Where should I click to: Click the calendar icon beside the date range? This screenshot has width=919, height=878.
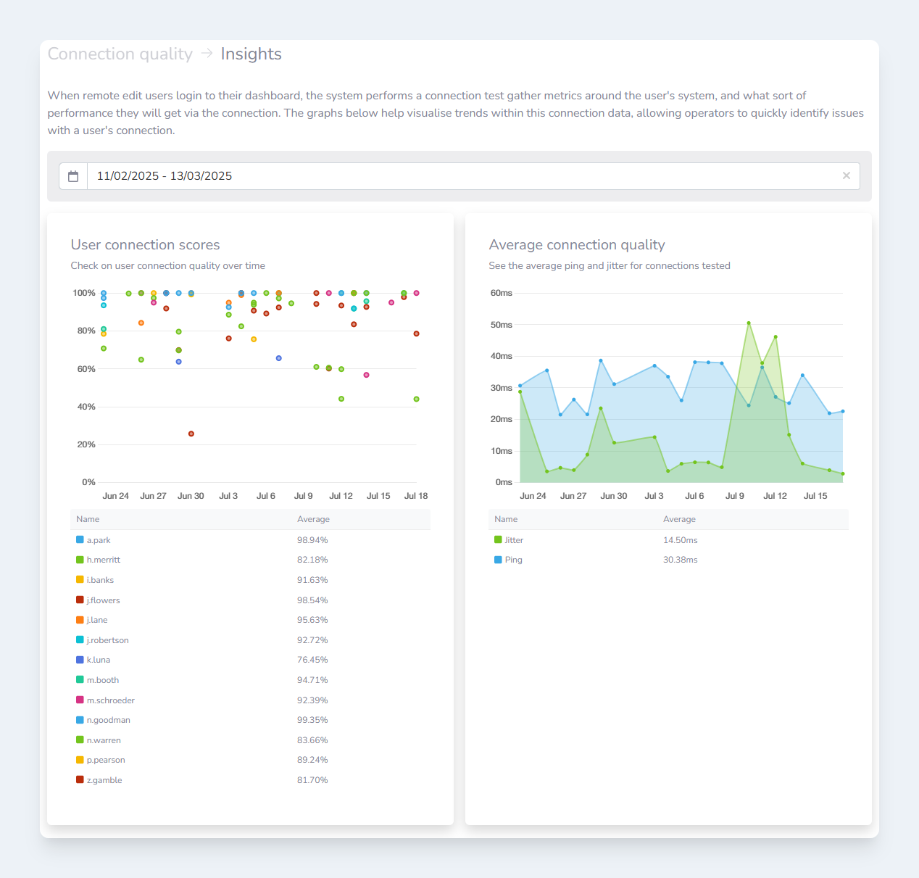pos(73,176)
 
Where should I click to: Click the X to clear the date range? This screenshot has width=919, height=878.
pos(846,175)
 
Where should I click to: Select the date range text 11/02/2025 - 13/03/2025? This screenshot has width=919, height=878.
pos(165,176)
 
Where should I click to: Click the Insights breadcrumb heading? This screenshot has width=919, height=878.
pos(251,54)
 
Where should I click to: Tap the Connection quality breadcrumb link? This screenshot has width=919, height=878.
pos(120,54)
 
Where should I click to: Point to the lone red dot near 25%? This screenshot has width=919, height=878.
pos(191,434)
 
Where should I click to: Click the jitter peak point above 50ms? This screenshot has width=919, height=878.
pos(749,323)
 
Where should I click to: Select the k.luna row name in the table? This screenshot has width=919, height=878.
pos(99,660)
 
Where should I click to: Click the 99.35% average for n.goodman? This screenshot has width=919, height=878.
pos(312,720)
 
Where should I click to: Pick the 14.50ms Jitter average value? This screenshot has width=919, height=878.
pos(680,540)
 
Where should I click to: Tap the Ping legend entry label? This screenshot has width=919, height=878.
pos(513,560)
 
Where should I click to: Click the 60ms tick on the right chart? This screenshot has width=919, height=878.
pos(502,293)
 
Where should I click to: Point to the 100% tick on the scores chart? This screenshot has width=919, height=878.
pos(84,293)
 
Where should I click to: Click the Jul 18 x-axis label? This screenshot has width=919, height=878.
pos(416,496)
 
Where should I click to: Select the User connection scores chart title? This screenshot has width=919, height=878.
pos(145,245)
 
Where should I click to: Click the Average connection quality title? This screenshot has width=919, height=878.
pos(577,245)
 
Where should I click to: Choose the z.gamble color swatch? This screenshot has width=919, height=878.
pos(80,779)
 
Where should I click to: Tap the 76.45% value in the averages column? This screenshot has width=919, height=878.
pos(312,660)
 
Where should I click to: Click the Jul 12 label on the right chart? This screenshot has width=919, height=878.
pos(775,496)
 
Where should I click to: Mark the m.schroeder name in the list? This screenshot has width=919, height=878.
pos(111,700)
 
